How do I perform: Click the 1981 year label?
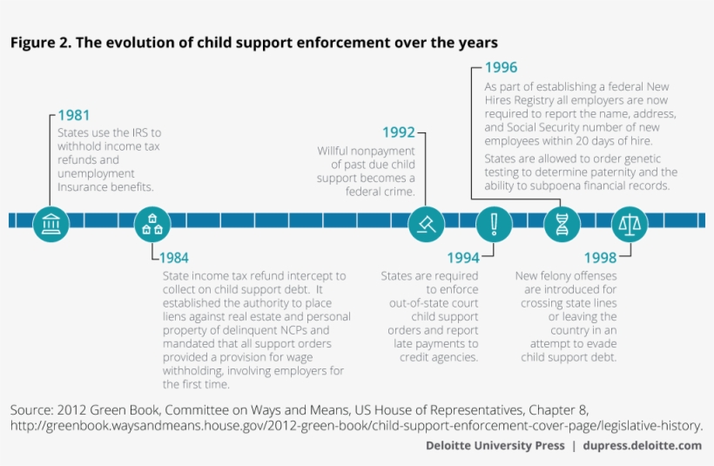(x=74, y=115)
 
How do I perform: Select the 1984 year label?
(x=173, y=258)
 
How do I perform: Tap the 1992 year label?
(x=399, y=132)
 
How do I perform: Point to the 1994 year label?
(x=462, y=258)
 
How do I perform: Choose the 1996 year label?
(x=501, y=68)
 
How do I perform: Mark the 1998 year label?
(x=600, y=258)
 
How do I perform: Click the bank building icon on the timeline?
(x=51, y=224)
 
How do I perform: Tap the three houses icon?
(x=152, y=224)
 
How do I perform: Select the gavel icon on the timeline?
(x=427, y=224)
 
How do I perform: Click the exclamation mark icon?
(x=494, y=224)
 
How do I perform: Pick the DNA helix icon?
(x=562, y=224)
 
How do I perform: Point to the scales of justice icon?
(x=629, y=224)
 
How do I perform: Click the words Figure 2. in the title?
(x=40, y=43)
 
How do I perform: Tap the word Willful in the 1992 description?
(x=334, y=151)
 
